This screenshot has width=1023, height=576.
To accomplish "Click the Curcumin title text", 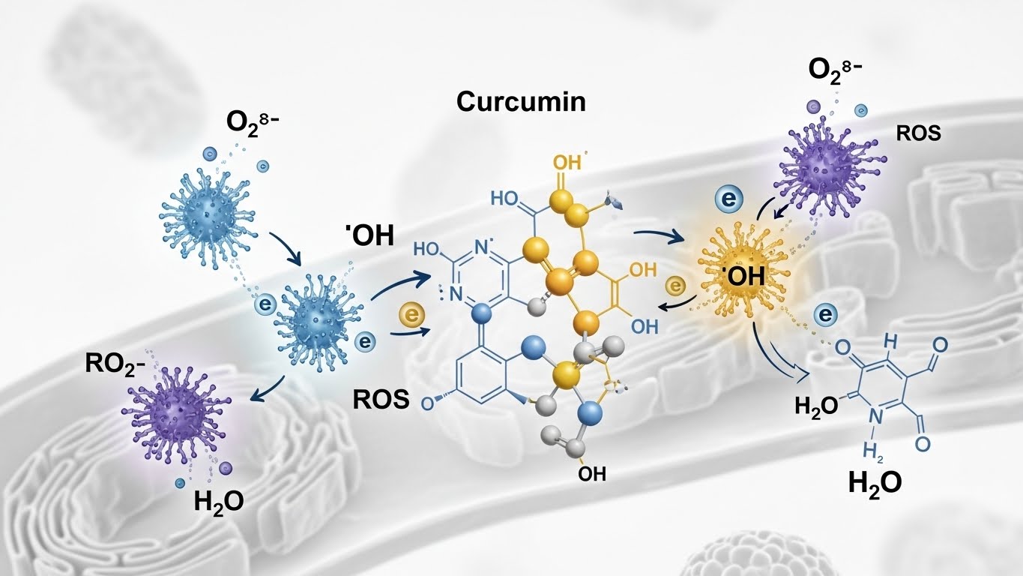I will tap(521, 101).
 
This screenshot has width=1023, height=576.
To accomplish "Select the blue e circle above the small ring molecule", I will tap(824, 316).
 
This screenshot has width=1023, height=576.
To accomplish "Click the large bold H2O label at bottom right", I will tap(875, 482).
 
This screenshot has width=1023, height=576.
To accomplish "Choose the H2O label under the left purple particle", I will tap(218, 500).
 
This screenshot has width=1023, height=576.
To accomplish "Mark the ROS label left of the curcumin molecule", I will tap(381, 400).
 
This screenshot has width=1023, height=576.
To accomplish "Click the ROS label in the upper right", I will tap(918, 134).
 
